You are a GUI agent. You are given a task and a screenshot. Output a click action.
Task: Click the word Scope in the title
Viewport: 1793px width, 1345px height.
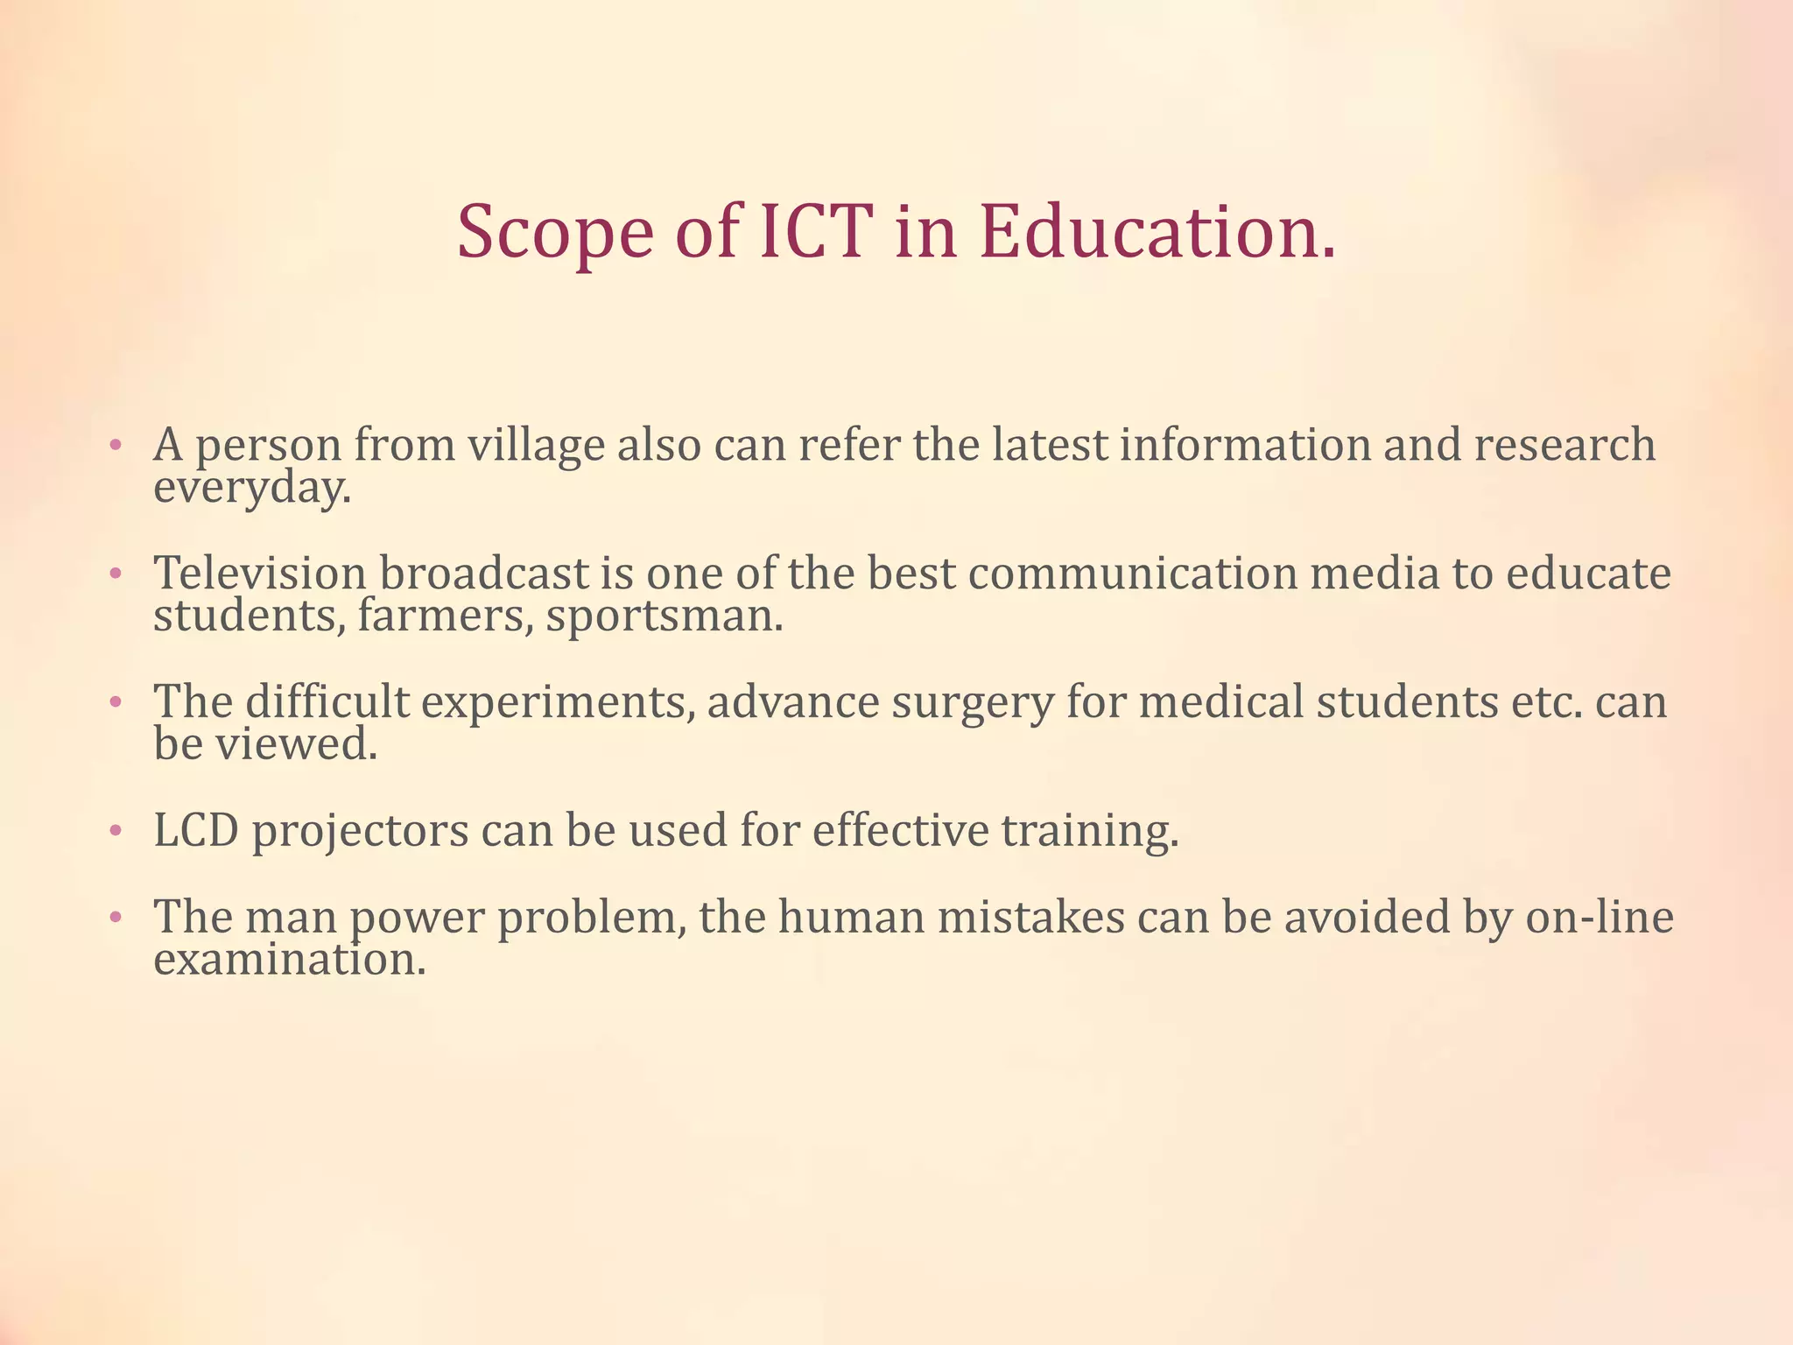coord(555,233)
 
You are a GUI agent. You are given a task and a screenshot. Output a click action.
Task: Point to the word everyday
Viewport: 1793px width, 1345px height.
coord(252,489)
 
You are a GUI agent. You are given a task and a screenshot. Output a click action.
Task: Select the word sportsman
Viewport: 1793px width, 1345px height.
coord(664,616)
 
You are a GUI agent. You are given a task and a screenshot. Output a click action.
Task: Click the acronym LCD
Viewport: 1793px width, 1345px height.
coord(196,830)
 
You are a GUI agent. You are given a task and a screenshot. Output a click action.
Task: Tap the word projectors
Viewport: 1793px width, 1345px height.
coord(360,832)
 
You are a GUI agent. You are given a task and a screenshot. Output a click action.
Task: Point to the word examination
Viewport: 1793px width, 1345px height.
coord(290,960)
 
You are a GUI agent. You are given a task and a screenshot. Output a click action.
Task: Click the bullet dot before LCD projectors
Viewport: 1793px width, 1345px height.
coord(115,832)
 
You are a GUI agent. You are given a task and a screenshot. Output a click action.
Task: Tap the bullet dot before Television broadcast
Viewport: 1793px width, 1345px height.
coord(115,575)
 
